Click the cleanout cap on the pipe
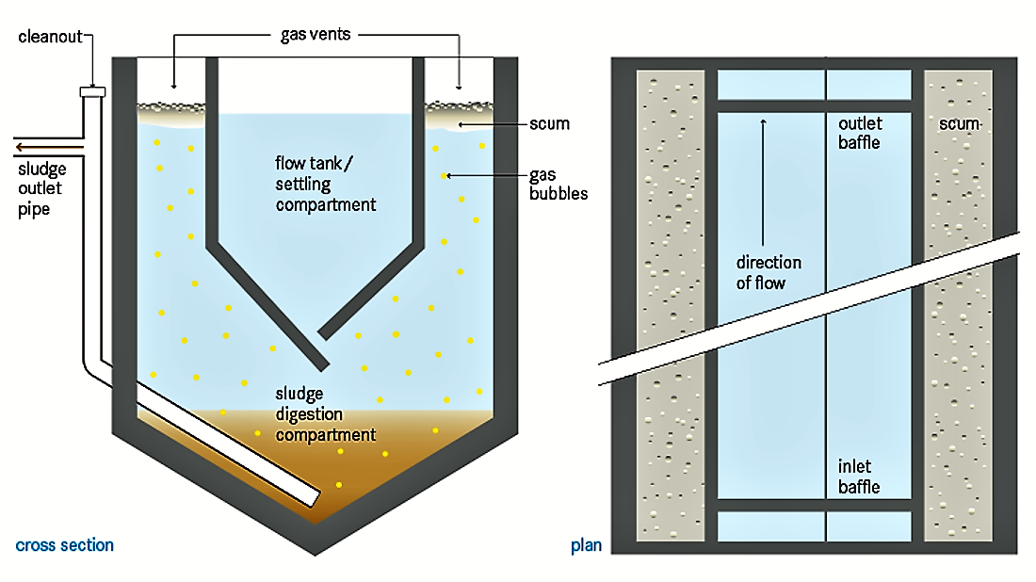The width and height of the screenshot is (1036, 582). (91, 91)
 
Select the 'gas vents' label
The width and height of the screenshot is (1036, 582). (315, 35)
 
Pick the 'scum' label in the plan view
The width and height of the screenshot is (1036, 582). (960, 124)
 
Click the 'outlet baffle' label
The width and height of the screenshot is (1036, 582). (859, 133)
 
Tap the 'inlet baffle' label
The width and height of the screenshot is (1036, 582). (859, 477)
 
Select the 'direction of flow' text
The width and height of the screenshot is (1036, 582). (769, 271)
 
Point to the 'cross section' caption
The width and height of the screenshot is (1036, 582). (65, 545)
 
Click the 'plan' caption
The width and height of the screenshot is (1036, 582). (586, 545)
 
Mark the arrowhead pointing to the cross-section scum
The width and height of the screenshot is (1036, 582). (461, 124)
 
